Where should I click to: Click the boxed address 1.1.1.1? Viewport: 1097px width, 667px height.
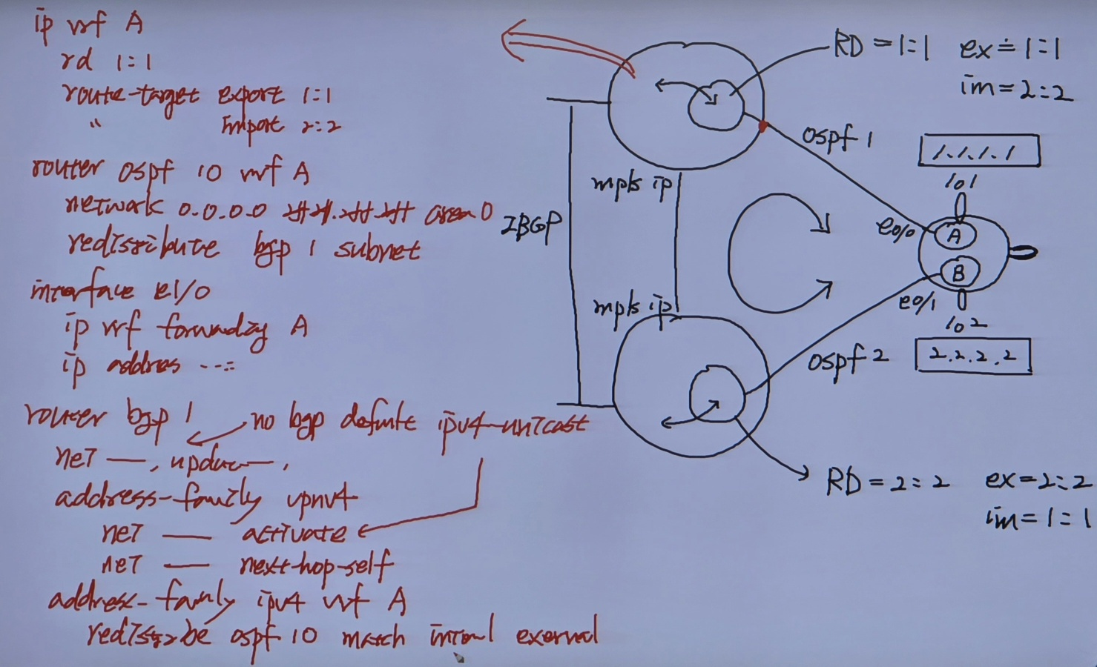[978, 151]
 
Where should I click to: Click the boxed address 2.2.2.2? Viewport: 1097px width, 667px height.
[973, 356]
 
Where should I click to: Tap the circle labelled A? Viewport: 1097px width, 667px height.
[955, 236]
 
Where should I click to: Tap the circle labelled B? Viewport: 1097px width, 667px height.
[958, 273]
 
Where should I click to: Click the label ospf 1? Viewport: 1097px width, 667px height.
[837, 138]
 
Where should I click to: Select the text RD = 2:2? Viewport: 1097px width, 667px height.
[887, 482]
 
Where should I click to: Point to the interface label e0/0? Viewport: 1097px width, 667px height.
[895, 227]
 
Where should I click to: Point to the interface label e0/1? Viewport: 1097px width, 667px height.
[917, 302]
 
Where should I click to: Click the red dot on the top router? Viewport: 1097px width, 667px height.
[763, 127]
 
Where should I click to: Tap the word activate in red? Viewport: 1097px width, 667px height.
[294, 533]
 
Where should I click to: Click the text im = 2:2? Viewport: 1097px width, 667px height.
[1015, 90]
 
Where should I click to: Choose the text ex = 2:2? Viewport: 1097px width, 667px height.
[1038, 481]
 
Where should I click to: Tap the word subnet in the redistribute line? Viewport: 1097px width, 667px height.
[377, 250]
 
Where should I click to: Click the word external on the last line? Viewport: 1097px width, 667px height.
[556, 635]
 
